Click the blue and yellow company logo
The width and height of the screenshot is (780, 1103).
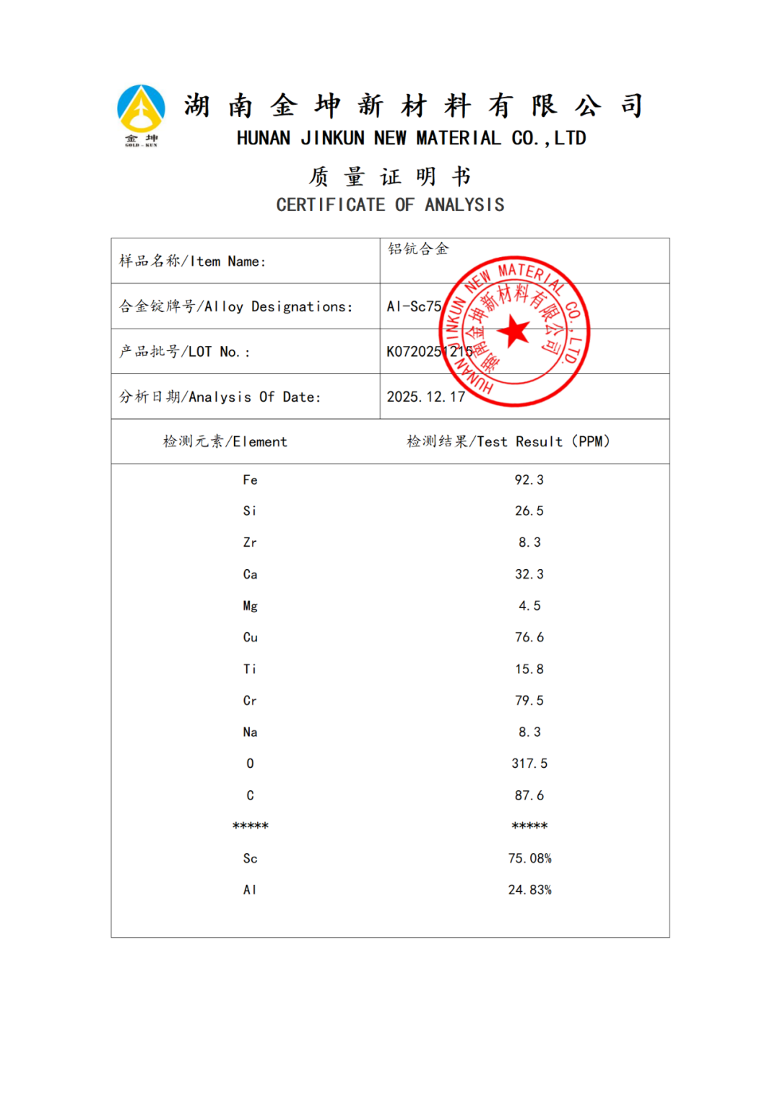coord(141,111)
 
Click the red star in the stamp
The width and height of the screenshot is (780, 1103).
coord(514,331)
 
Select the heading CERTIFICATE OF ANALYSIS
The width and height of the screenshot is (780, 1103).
coord(390,205)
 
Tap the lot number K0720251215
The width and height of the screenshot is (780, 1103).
coord(429,352)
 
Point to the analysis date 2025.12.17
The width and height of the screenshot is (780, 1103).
coord(425,397)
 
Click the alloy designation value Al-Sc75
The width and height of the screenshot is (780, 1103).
coord(414,306)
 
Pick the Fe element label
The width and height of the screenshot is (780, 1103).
coord(250,480)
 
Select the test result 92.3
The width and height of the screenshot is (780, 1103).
coord(529,480)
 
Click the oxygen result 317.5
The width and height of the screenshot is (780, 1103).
coord(529,764)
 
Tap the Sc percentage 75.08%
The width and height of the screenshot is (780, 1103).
coord(529,858)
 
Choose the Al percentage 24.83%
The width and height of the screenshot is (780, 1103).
coord(529,890)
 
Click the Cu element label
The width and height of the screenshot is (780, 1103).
coord(250,637)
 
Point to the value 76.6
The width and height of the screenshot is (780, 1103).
coord(529,637)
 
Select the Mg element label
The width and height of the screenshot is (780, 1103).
coord(250,606)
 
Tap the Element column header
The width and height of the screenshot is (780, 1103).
coord(225,441)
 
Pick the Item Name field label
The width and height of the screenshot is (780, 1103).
coord(192,261)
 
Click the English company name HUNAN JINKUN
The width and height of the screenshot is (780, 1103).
coord(411,138)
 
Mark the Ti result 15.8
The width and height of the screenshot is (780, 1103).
coord(529,669)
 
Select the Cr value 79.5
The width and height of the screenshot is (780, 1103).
coord(529,701)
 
